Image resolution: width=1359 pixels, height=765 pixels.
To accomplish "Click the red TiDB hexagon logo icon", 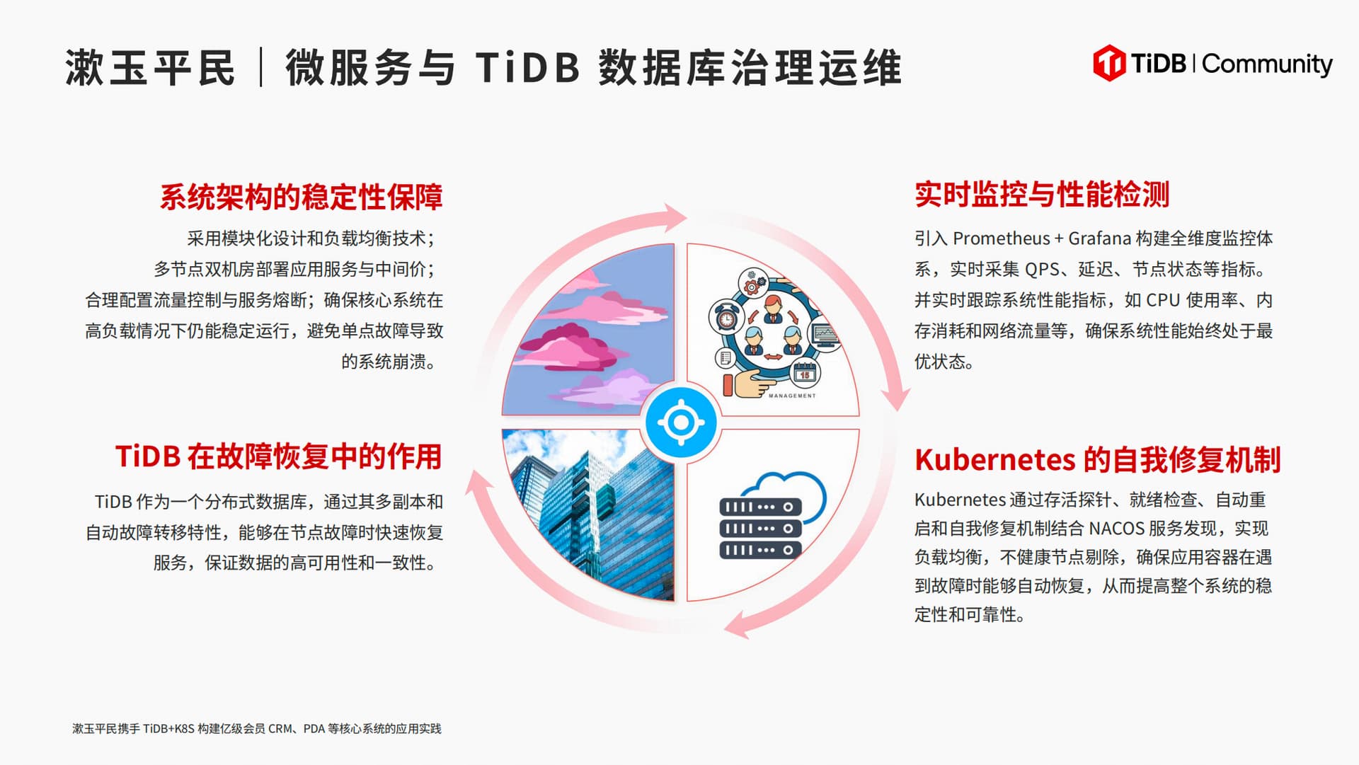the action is (1109, 63).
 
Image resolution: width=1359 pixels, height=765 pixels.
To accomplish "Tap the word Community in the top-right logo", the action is (1267, 64).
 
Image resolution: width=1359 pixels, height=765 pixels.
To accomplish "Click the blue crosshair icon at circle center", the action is (681, 422).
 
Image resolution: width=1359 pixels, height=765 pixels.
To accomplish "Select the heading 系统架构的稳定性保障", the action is (301, 197).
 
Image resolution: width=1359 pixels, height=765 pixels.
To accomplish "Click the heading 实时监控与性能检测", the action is (1042, 194).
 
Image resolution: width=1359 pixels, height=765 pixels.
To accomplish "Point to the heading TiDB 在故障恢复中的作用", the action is (279, 456).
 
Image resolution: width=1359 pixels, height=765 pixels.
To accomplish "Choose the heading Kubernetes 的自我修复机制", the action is (1098, 459).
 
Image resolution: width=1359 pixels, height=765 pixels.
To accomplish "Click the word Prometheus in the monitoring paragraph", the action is (1002, 238).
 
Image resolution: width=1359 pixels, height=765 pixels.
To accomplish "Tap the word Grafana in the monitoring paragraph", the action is (1099, 238).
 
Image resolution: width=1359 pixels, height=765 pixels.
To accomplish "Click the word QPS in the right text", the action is (1042, 270).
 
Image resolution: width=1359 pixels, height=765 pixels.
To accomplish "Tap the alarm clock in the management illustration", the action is (726, 318).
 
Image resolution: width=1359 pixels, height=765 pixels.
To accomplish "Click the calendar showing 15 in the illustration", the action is (805, 372).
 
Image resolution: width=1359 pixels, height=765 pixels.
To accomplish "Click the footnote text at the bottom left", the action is (257, 729).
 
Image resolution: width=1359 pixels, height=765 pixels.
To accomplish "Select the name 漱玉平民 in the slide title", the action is (150, 68).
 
